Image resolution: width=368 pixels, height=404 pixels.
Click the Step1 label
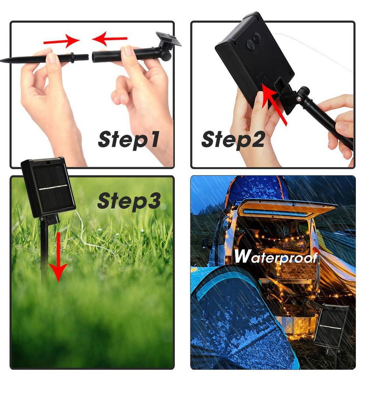129,139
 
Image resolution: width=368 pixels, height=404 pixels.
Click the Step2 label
233,139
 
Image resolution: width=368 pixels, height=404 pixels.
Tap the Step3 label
129,201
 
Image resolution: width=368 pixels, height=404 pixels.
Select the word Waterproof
276,256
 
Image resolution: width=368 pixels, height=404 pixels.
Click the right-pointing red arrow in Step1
61,40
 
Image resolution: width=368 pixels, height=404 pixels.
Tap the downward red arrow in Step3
58,256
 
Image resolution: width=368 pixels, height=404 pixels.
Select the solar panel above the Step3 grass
48,187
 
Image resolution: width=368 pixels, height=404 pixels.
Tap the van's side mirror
205,243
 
